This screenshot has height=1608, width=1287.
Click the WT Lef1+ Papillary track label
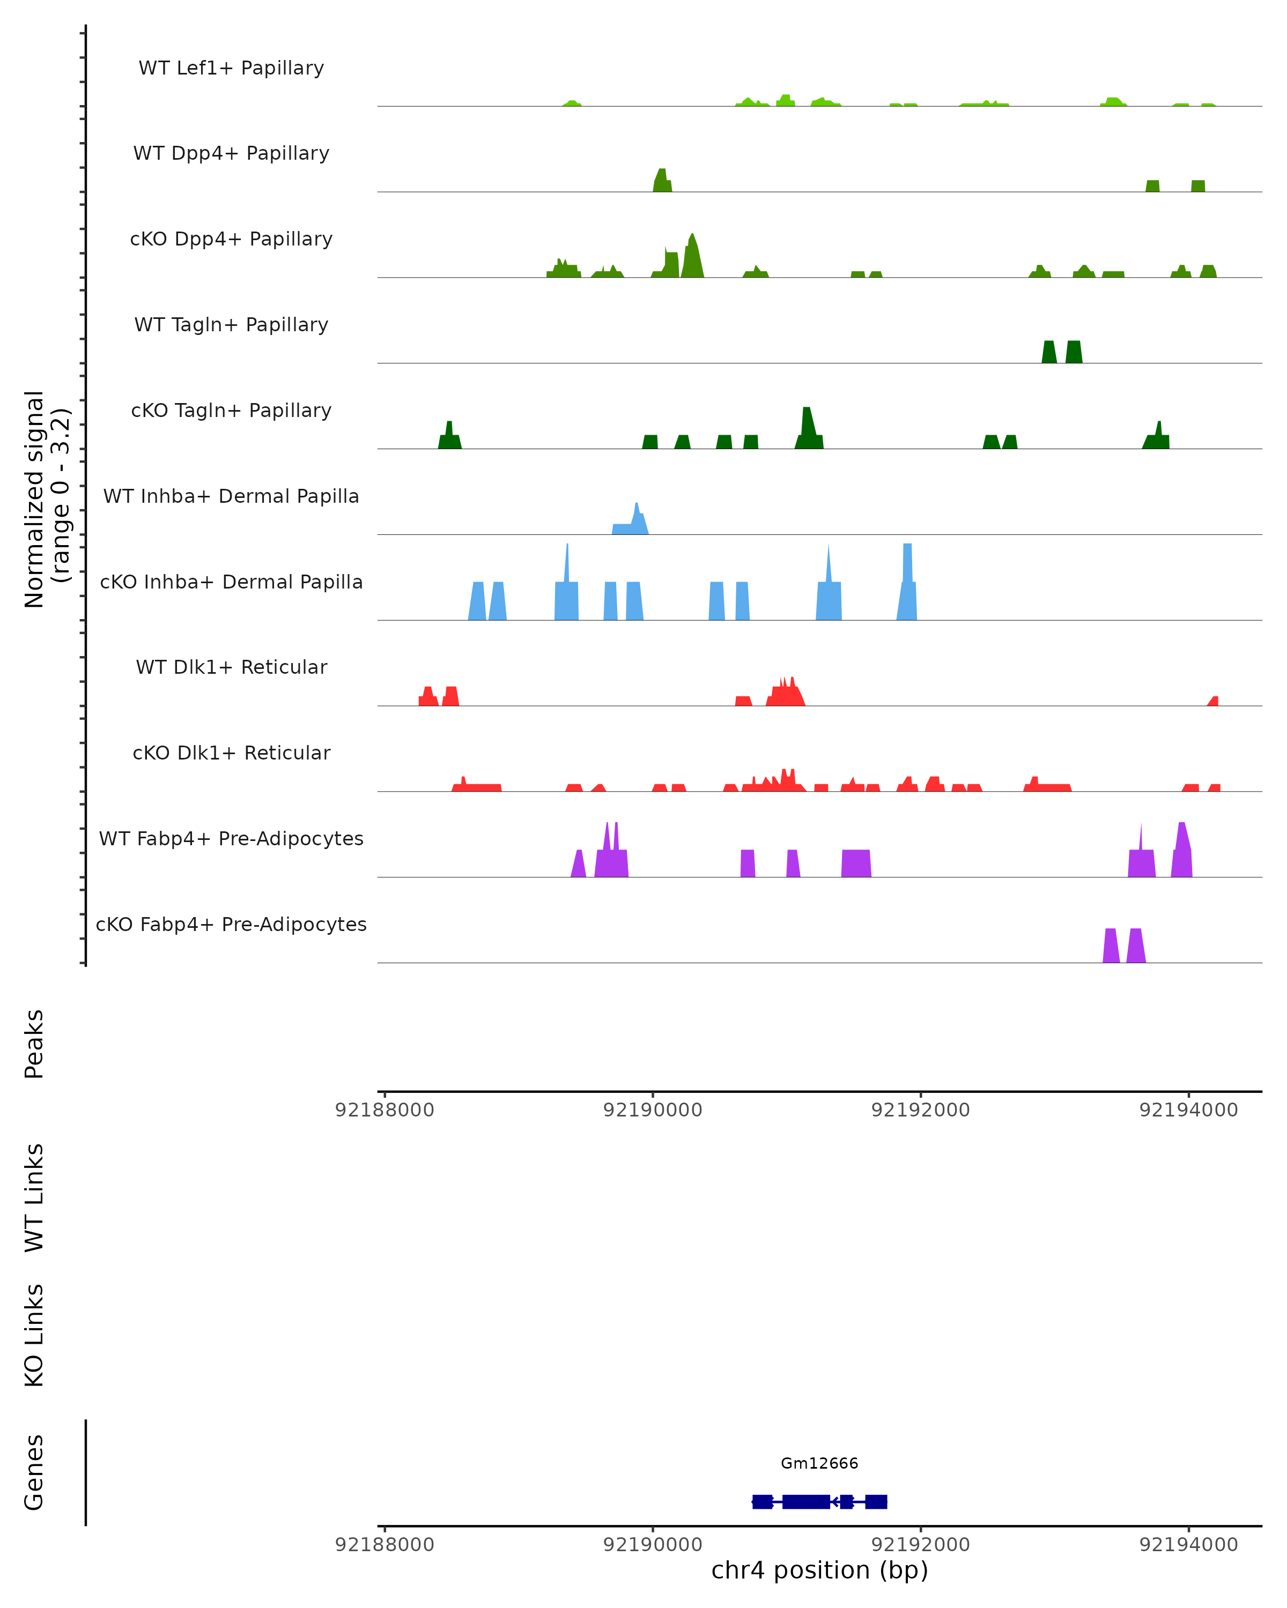pyautogui.click(x=231, y=68)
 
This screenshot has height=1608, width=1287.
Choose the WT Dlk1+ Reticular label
pyautogui.click(x=231, y=667)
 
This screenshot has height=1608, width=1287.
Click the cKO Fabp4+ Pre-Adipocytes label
pyautogui.click(x=231, y=924)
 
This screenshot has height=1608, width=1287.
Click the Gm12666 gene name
pyautogui.click(x=819, y=1463)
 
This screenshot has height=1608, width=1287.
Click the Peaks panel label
pyautogui.click(x=34, y=1044)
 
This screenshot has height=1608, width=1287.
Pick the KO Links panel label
pyautogui.click(x=34, y=1335)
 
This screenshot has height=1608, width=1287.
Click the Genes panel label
pyautogui.click(x=34, y=1472)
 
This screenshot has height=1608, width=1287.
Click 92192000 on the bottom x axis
pyautogui.click(x=921, y=1545)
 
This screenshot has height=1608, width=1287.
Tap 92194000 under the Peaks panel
pyautogui.click(x=1188, y=1110)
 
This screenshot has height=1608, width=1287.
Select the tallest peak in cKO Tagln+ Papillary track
pyautogui.click(x=807, y=429)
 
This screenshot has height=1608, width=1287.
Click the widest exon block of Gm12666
pyautogui.click(x=806, y=1501)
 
